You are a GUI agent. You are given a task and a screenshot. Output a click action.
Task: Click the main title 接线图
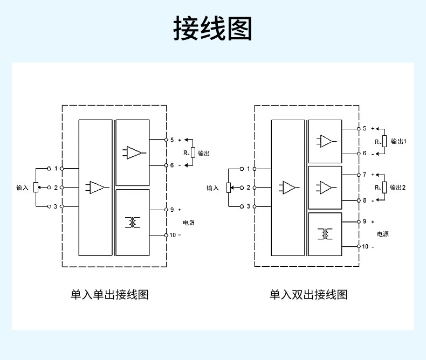[212, 28]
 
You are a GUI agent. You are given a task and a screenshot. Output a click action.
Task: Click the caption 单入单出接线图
[109, 295]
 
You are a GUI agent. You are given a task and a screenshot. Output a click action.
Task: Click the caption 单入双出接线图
[308, 295]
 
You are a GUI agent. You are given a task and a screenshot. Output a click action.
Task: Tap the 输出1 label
[398, 141]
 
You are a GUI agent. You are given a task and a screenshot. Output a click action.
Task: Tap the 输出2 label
[398, 188]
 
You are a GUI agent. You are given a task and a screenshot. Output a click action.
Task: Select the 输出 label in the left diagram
[204, 154]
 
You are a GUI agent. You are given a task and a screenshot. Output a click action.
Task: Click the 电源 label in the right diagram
[382, 234]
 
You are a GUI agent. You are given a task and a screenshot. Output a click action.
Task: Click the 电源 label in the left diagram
[189, 222]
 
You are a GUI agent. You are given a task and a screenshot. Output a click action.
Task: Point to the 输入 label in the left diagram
[22, 188]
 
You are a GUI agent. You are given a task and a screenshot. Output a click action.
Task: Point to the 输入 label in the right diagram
[212, 188]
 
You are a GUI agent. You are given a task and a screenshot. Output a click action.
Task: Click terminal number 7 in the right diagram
[364, 175]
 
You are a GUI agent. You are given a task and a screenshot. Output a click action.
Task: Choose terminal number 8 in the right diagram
[364, 200]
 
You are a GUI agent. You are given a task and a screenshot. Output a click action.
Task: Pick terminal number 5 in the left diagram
[172, 140]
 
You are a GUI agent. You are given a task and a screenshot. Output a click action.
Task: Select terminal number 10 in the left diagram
[173, 235]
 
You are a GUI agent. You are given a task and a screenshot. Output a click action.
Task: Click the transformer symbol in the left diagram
[132, 222]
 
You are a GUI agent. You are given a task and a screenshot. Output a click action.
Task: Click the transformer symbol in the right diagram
[325, 234]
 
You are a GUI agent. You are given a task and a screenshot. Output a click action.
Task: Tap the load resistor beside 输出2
[384, 188]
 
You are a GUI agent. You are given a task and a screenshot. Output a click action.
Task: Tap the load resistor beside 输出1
[384, 142]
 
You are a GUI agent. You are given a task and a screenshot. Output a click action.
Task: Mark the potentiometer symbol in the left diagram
[36, 188]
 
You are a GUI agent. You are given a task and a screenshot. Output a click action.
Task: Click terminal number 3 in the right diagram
[248, 206]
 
